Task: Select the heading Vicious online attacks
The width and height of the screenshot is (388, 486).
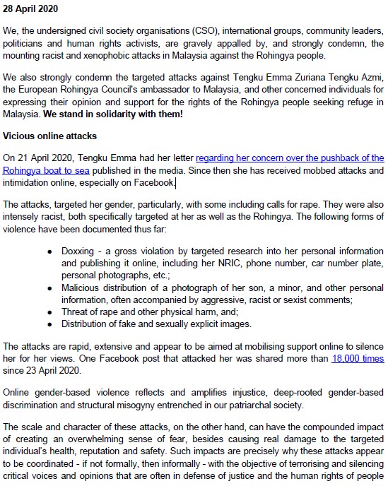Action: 49,135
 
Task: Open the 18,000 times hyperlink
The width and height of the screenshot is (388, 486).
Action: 358,359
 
